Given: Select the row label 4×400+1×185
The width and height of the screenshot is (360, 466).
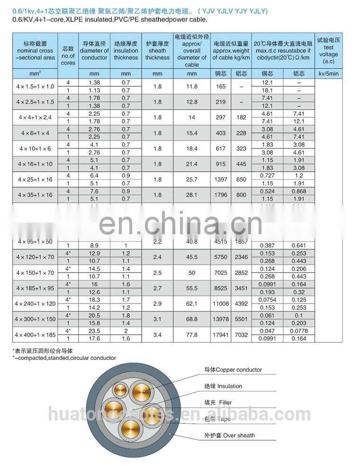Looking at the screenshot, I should pos(36,335).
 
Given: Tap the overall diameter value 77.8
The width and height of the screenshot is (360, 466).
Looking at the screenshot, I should pos(191,335).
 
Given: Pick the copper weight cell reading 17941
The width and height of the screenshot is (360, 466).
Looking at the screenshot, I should pos(220,335).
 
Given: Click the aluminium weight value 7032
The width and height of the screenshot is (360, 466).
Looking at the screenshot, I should pos(241,335).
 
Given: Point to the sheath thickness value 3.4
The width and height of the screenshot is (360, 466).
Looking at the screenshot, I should pos(157,335).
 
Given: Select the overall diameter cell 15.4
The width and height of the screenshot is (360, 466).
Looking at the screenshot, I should pos(191,133).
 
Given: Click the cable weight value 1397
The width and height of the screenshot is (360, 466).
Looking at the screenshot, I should pos(220,180).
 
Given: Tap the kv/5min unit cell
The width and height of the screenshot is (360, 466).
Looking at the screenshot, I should pos(328,73).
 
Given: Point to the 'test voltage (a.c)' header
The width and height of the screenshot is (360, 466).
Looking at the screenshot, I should pos(328,51).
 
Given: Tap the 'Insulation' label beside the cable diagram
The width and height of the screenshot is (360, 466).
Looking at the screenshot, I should pos(223,386).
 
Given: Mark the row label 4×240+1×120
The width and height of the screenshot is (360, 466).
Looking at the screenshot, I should pos(36,304).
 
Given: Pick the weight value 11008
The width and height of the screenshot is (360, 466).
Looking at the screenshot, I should pos(220,304).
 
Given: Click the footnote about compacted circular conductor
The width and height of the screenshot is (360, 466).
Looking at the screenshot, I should pos(64,358).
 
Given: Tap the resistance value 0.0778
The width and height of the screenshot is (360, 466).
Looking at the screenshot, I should pos(298,331).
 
